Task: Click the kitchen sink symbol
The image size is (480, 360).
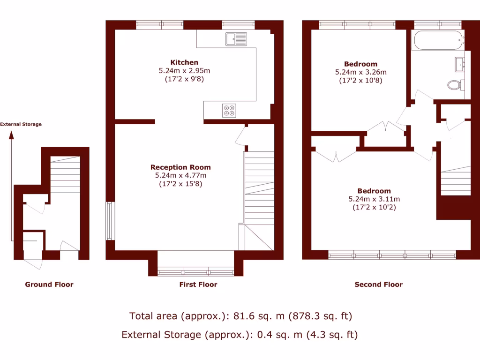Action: tap(236, 39)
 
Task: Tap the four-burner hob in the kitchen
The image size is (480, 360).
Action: tap(230, 110)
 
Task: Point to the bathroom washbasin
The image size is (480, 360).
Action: tap(459, 63)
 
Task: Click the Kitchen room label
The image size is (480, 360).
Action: tap(184, 62)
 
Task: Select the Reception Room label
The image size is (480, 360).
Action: tap(180, 167)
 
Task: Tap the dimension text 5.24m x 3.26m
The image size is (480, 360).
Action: tap(360, 72)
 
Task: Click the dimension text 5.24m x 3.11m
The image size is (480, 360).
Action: tap(374, 199)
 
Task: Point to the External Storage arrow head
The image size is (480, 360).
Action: tap(11, 135)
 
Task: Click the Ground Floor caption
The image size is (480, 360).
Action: tap(49, 285)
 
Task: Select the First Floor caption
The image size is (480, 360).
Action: tap(198, 285)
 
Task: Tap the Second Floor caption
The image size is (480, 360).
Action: tap(378, 285)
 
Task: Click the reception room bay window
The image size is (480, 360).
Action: tap(195, 271)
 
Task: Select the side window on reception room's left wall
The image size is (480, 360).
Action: tap(110, 221)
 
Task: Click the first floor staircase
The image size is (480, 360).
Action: tap(259, 187)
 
